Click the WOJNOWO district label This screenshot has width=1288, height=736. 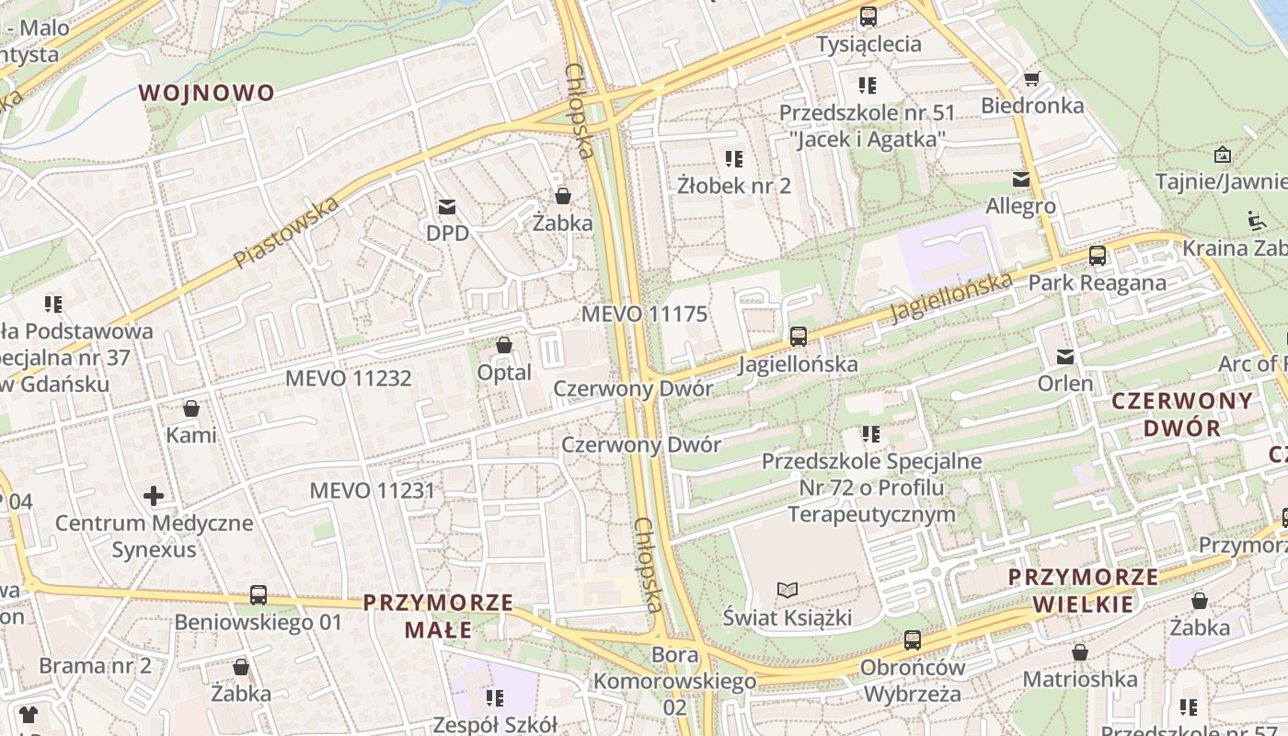pyautogui.click(x=207, y=93)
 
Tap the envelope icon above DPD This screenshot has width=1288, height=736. pyautogui.click(x=447, y=207)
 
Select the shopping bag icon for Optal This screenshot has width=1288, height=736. pyautogui.click(x=504, y=346)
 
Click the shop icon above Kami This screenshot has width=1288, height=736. pyautogui.click(x=191, y=408)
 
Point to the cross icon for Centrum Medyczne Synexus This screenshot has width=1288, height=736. pyautogui.click(x=154, y=497)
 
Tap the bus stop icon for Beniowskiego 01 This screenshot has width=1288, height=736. pyautogui.click(x=259, y=595)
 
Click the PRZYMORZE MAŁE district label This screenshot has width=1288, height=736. pyautogui.click(x=438, y=616)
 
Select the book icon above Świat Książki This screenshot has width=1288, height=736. pyautogui.click(x=787, y=590)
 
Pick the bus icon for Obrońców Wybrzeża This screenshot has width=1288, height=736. pyautogui.click(x=913, y=640)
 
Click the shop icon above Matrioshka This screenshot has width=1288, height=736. pyautogui.click(x=1080, y=652)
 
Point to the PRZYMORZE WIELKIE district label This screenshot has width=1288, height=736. pyautogui.click(x=1083, y=591)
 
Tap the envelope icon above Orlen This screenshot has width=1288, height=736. pyautogui.click(x=1065, y=357)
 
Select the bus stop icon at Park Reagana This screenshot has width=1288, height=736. pyautogui.click(x=1098, y=256)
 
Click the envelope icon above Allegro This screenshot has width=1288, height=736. pyautogui.click(x=1021, y=179)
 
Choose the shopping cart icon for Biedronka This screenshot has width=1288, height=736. pyautogui.click(x=1032, y=79)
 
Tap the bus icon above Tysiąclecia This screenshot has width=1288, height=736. pyautogui.click(x=868, y=17)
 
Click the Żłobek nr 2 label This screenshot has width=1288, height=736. pyautogui.click(x=734, y=186)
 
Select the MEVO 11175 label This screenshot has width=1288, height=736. pyautogui.click(x=644, y=315)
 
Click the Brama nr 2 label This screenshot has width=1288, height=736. pyautogui.click(x=95, y=666)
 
